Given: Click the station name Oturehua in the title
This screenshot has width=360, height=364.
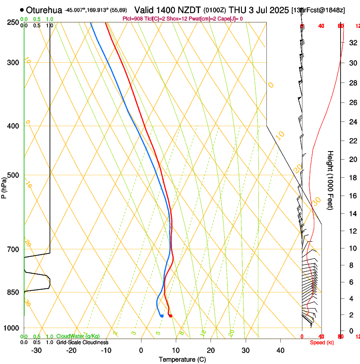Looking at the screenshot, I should (x=44, y=10).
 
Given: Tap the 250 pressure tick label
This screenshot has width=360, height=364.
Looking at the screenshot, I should (x=13, y=22).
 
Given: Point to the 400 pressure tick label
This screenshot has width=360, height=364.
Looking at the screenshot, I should (x=13, y=126).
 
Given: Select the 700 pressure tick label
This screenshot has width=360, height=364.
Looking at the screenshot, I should (x=13, y=249).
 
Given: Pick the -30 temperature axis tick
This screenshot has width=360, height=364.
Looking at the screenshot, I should (x=36, y=350).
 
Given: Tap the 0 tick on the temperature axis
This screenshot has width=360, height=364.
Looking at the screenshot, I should (x=141, y=350).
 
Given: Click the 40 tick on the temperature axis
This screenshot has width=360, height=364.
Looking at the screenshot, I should (x=280, y=350).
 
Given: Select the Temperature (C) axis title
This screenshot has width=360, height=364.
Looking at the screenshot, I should (x=182, y=359).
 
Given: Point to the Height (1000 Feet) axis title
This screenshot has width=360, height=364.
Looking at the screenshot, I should (x=331, y=180).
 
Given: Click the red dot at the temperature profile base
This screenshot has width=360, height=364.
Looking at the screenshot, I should (x=170, y=316).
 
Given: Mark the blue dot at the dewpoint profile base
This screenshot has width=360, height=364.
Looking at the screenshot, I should (x=162, y=316).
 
